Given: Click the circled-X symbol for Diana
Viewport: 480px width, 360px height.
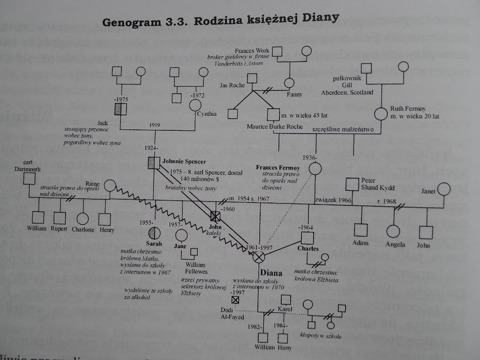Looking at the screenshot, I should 259,257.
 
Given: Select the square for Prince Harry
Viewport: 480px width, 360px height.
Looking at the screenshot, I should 282,338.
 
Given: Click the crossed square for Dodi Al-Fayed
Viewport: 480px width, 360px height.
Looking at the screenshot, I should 235,299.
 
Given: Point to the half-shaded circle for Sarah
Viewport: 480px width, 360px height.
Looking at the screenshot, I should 154,233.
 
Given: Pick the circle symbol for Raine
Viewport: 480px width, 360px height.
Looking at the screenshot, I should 110,186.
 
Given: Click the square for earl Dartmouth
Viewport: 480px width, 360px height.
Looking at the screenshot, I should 30,179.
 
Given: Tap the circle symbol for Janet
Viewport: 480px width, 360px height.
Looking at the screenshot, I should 442,191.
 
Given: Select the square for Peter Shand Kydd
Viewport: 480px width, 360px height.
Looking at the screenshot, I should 352,184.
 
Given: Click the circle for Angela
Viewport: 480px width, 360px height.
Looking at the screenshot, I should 393,231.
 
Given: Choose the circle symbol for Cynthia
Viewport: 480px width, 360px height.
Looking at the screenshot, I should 195,104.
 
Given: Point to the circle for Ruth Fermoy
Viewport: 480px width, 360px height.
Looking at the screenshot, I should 381,114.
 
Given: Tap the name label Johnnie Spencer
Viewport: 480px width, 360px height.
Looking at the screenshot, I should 178,161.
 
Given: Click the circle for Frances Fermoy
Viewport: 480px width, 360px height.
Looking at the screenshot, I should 315,169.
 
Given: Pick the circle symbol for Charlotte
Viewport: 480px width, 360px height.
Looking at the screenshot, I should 82,218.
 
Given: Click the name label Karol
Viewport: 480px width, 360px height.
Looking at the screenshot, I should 285,309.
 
